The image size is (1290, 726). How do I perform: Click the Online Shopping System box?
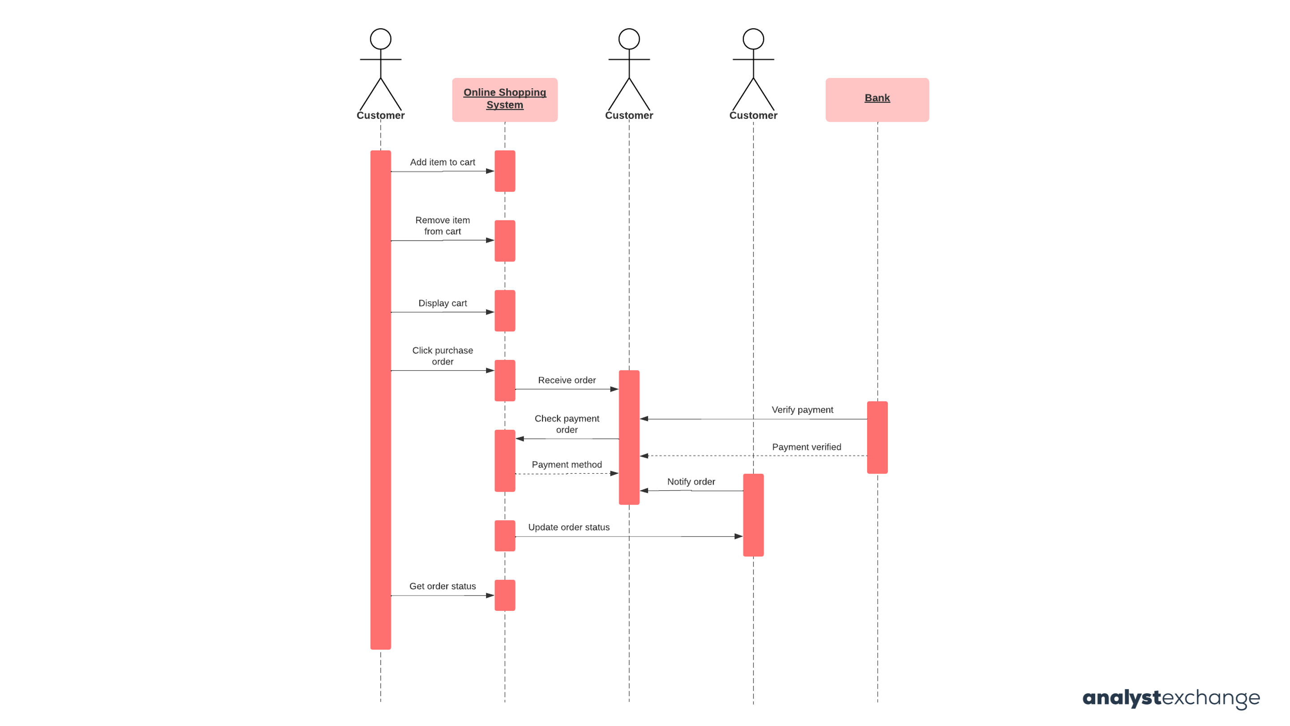pyautogui.click(x=505, y=99)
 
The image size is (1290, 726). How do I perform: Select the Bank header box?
pyautogui.click(x=877, y=99)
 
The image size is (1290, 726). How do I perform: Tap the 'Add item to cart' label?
pyautogui.click(x=442, y=162)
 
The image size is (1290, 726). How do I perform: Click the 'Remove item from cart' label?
pyautogui.click(x=442, y=225)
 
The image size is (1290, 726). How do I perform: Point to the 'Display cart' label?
pyautogui.click(x=442, y=303)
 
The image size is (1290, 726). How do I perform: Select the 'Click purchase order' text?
pyautogui.click(x=442, y=356)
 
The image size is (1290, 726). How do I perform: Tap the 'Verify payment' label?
pyautogui.click(x=802, y=409)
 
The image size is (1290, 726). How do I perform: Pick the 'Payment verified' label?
pyautogui.click(x=806, y=446)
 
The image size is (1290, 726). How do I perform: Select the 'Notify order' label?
pyautogui.click(x=691, y=481)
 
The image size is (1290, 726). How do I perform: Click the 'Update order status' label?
pyautogui.click(x=568, y=527)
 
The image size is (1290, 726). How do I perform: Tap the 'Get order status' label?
pyautogui.click(x=442, y=586)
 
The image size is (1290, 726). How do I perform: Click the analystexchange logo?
pyautogui.click(x=1171, y=697)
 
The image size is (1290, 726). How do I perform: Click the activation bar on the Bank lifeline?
pyautogui.click(x=877, y=437)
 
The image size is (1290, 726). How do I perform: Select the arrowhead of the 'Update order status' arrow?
pyautogui.click(x=738, y=536)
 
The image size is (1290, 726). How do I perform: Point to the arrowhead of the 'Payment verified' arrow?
pyautogui.click(x=645, y=455)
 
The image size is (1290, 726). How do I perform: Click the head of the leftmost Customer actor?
pyautogui.click(x=380, y=39)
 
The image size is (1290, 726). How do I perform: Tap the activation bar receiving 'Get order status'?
pyautogui.click(x=505, y=595)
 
